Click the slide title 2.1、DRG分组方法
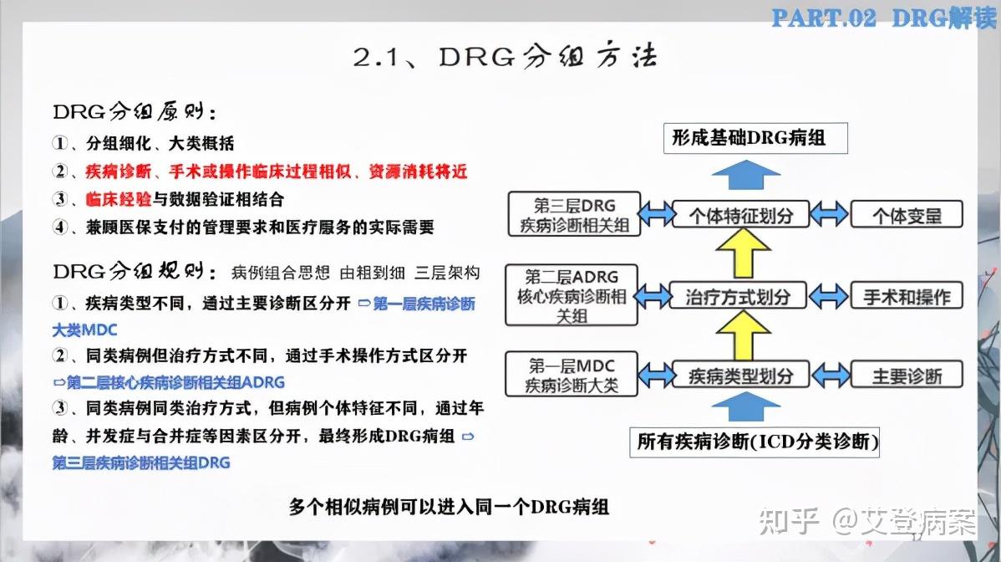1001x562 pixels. [505, 58]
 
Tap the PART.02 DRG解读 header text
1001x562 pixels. [884, 17]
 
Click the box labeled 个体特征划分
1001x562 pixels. [741, 214]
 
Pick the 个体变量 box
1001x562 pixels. [907, 215]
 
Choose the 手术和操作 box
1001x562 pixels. [907, 295]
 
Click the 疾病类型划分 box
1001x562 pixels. [740, 376]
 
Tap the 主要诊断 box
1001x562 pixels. [907, 376]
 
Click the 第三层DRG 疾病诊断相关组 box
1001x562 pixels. [574, 214]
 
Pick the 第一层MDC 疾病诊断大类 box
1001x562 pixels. [572, 375]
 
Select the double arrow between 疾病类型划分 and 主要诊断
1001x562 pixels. [831, 376]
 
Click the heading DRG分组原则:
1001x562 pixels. [139, 112]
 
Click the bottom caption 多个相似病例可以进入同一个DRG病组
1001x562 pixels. [449, 506]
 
